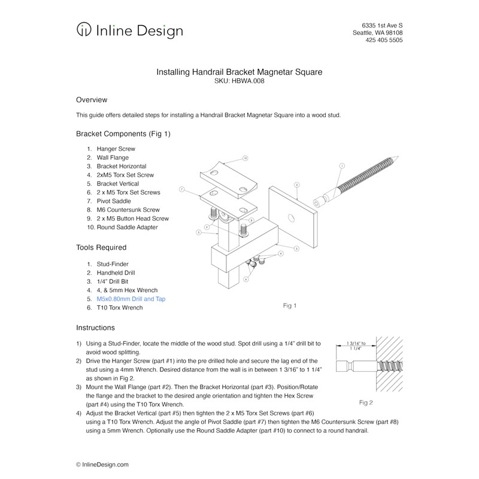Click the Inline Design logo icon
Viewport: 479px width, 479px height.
(x=84, y=30)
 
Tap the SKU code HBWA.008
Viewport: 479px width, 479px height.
(x=251, y=81)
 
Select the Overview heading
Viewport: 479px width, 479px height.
(x=92, y=99)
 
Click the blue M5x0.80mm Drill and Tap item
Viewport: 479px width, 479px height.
(x=131, y=298)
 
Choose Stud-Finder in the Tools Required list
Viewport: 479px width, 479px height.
(x=113, y=263)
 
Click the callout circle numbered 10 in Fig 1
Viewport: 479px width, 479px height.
(x=245, y=159)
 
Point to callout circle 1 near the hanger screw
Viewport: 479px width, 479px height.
(x=342, y=165)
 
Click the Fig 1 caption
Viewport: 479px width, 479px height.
(x=290, y=306)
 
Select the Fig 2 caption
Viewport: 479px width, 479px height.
(x=366, y=402)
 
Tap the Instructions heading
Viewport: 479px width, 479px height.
(x=95, y=328)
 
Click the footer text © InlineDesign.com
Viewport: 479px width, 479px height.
(x=102, y=464)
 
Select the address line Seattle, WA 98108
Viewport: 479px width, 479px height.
(x=377, y=32)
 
